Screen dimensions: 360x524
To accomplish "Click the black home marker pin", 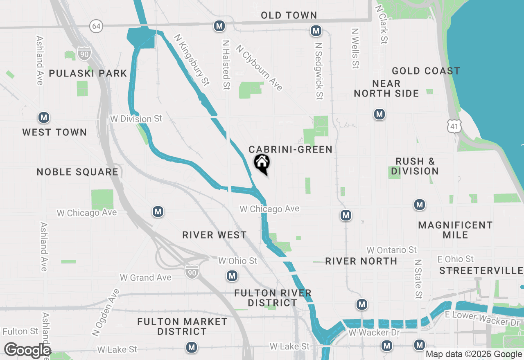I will pyautogui.click(x=262, y=164).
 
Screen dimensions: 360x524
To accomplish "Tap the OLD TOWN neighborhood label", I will pyautogui.click(x=289, y=15).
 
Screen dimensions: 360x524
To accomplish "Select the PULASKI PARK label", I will pyautogui.click(x=88, y=73).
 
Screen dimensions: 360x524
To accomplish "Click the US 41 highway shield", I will pyautogui.click(x=455, y=126).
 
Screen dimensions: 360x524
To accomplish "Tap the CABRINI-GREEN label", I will pyautogui.click(x=291, y=149).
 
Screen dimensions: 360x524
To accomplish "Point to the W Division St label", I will pyautogui.click(x=136, y=119).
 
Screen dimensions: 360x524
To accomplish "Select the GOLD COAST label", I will pyautogui.click(x=426, y=71).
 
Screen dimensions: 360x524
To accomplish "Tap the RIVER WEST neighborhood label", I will pyautogui.click(x=215, y=235).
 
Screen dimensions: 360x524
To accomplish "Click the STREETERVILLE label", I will pyautogui.click(x=481, y=270).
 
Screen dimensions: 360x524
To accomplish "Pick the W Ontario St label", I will pyautogui.click(x=391, y=250).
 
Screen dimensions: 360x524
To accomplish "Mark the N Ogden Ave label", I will pyautogui.click(x=106, y=312).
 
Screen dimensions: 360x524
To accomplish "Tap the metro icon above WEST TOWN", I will pyautogui.click(x=44, y=118).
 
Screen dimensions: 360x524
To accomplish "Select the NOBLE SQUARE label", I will pyautogui.click(x=77, y=172).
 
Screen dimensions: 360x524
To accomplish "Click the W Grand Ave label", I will pyautogui.click(x=145, y=277).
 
